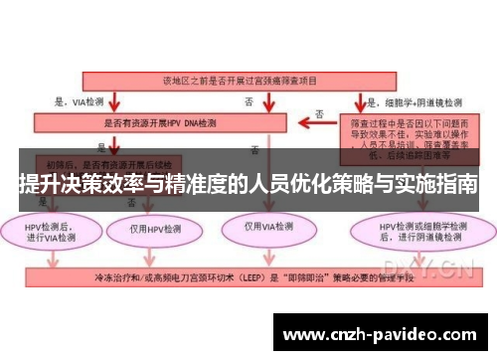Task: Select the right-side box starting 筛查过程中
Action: point(402,135)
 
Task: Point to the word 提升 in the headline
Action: point(41,185)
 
